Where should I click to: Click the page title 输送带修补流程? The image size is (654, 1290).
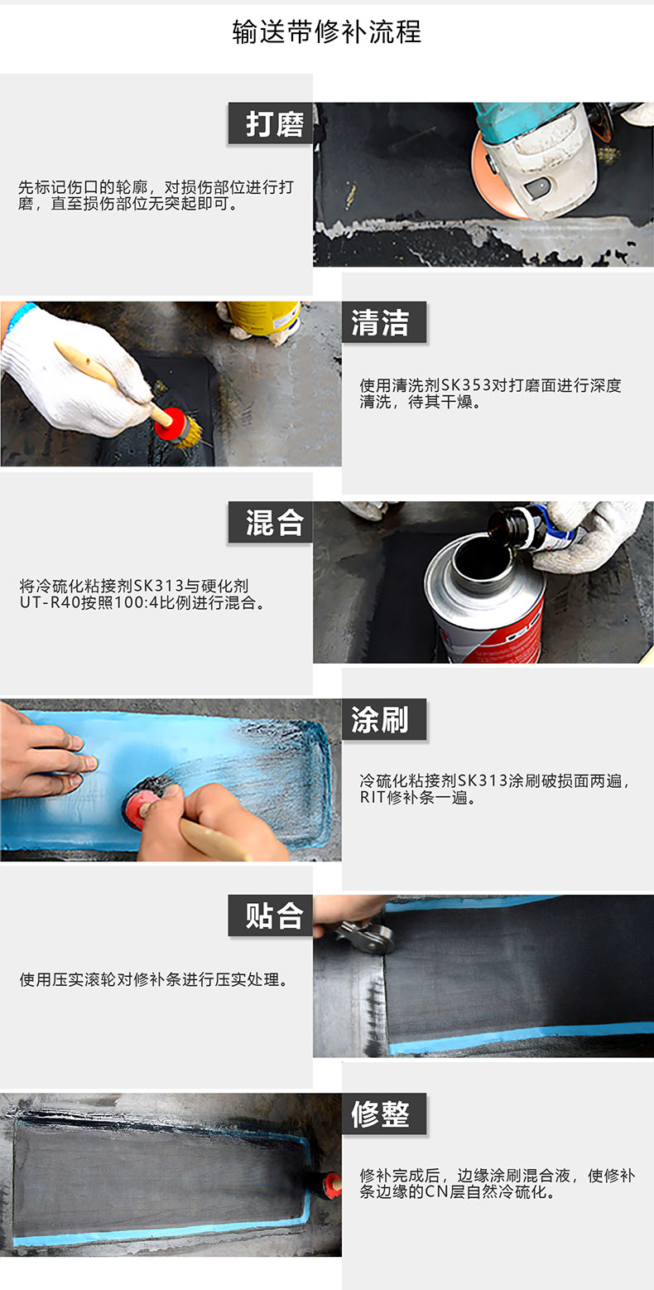pos(327,32)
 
